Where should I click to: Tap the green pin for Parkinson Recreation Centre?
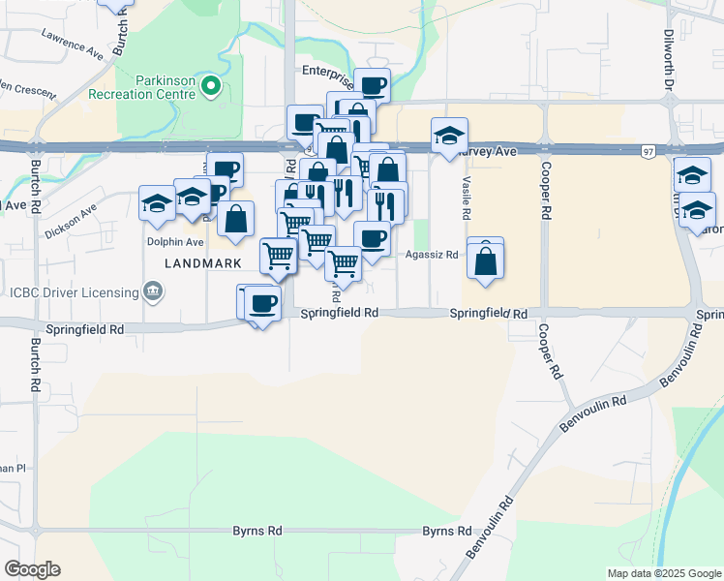pyautogui.click(x=211, y=89)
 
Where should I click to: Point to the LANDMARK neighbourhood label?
pyautogui.click(x=201, y=263)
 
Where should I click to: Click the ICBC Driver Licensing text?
pyautogui.click(x=70, y=291)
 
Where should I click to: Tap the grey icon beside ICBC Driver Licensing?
pyautogui.click(x=152, y=290)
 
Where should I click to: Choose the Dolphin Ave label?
pyautogui.click(x=174, y=242)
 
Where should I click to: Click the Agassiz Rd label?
pyautogui.click(x=431, y=256)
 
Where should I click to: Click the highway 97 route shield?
pyautogui.click(x=648, y=151)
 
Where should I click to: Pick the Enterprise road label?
pyautogui.click(x=328, y=71)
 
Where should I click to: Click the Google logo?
pyautogui.click(x=32, y=569)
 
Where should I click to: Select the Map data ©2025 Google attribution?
pyautogui.click(x=663, y=573)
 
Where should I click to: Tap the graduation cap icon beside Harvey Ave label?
pyautogui.click(x=449, y=136)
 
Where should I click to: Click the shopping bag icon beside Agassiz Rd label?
pyautogui.click(x=485, y=260)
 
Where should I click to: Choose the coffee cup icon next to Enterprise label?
pyautogui.click(x=373, y=86)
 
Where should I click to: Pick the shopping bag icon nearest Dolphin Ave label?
pyautogui.click(x=235, y=220)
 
